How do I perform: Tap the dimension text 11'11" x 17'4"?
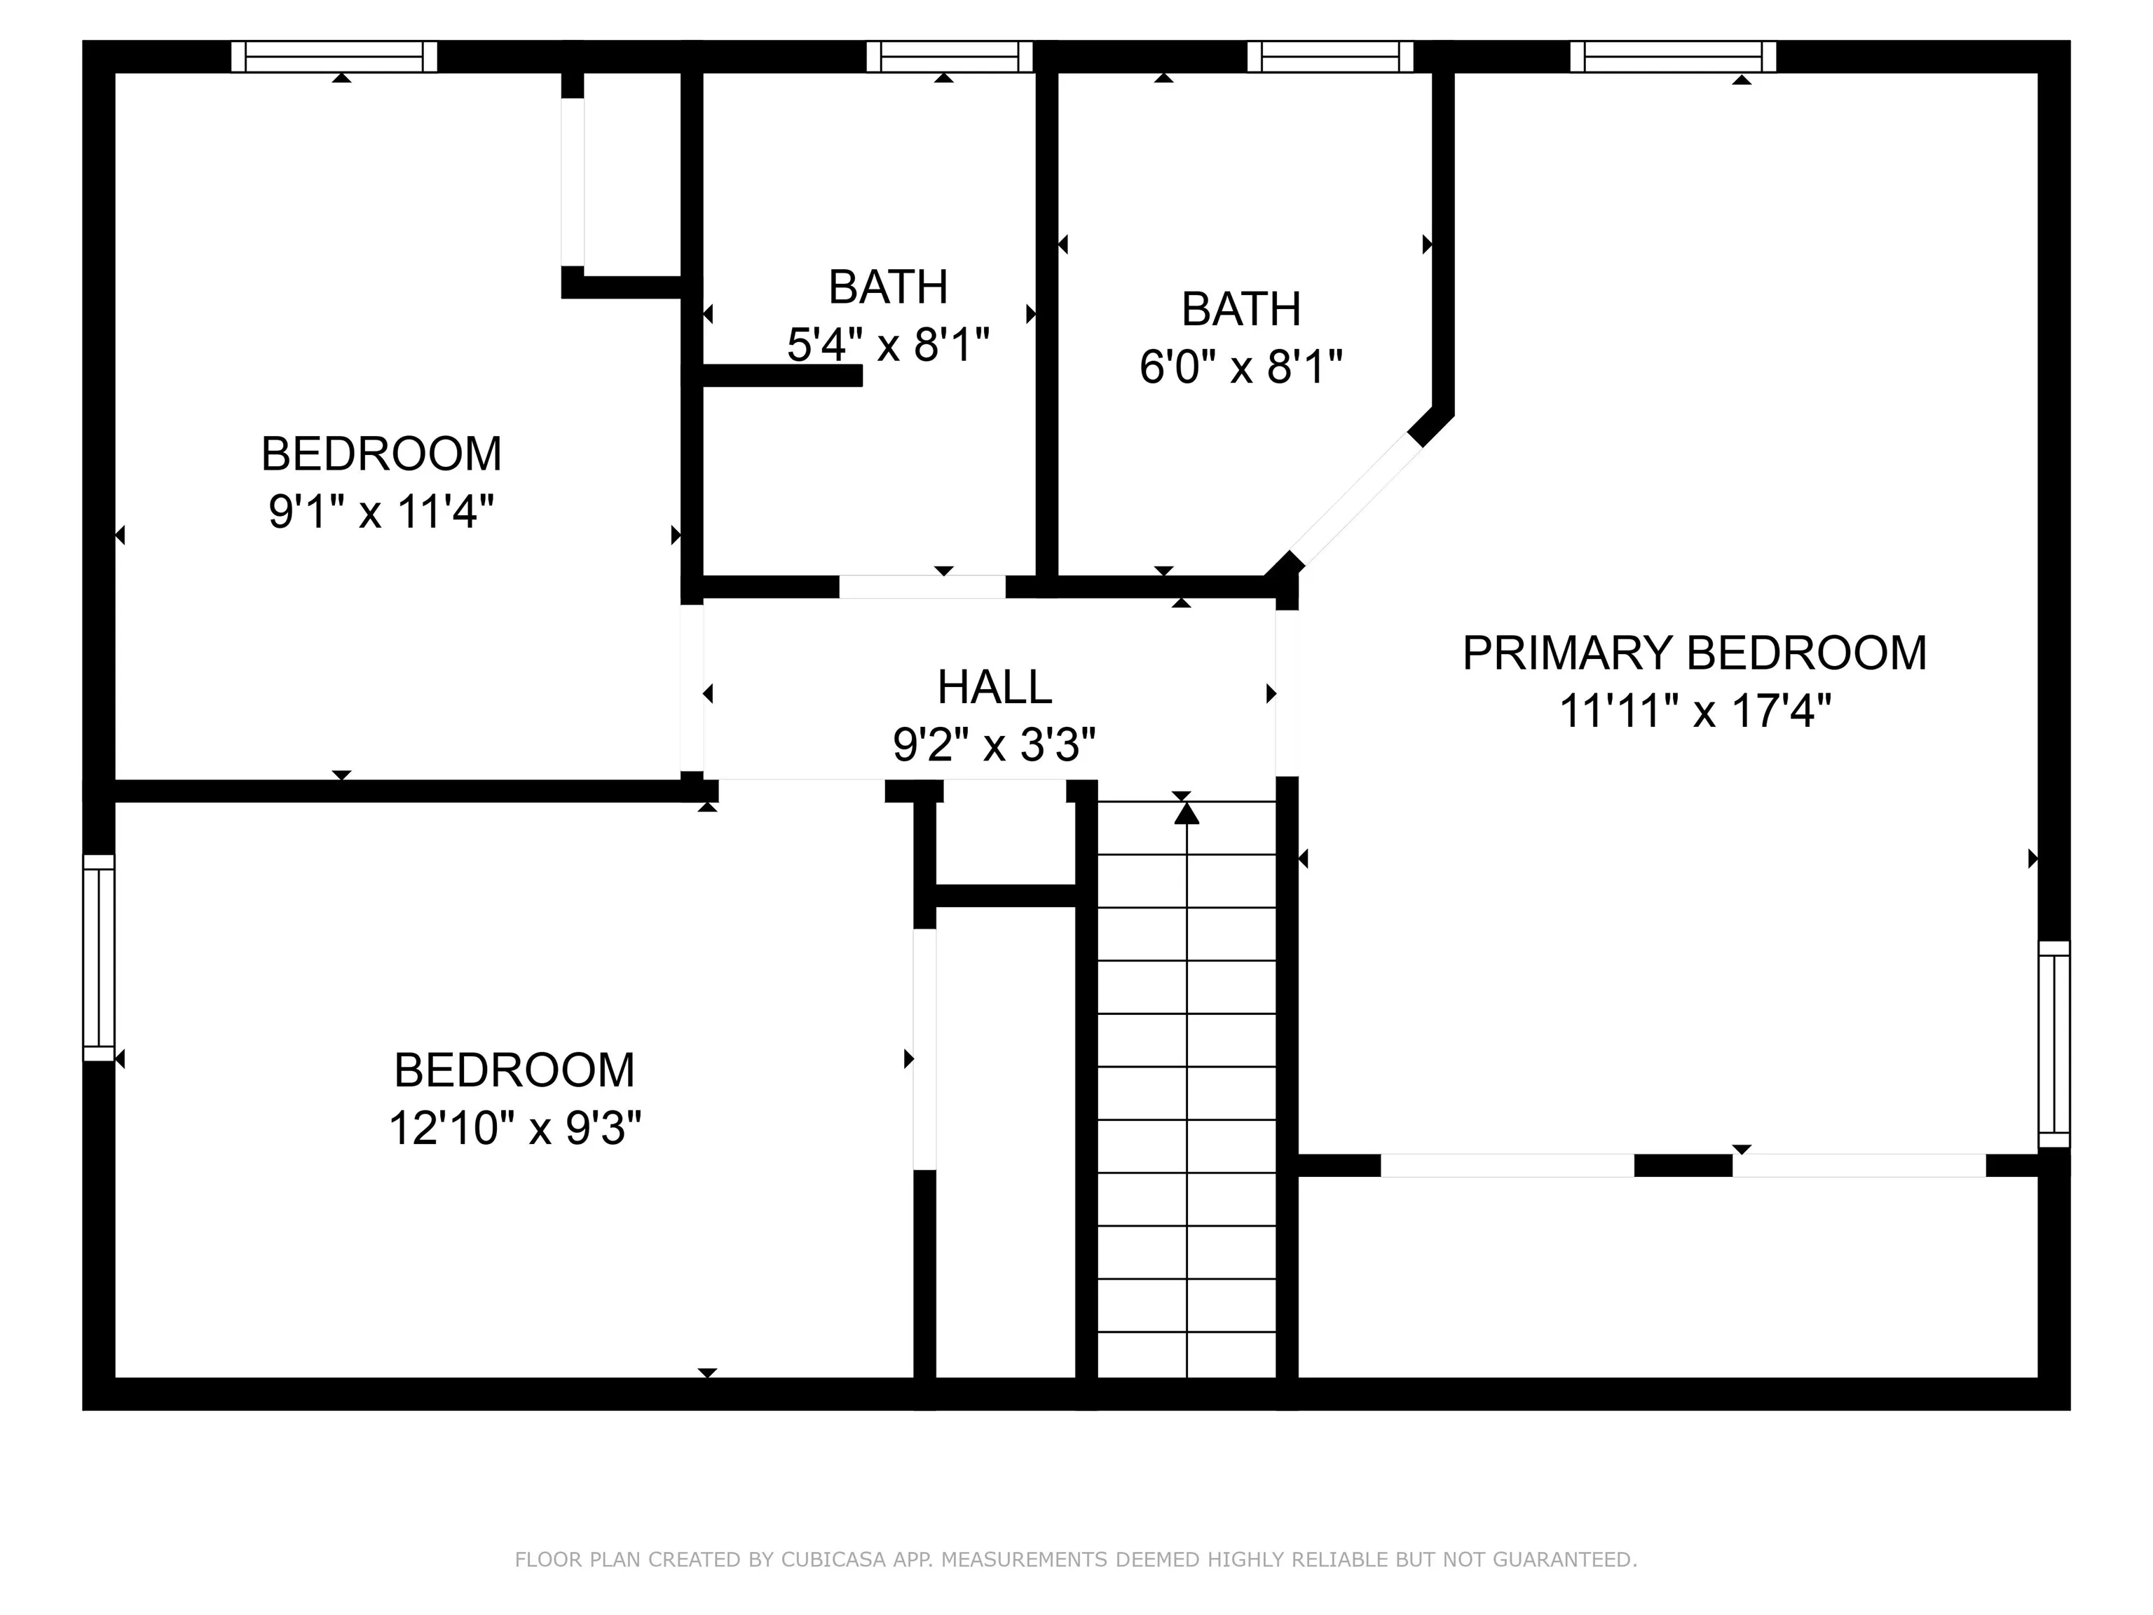(x=1695, y=711)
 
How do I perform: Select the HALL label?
(x=995, y=687)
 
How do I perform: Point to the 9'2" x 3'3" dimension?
(x=995, y=746)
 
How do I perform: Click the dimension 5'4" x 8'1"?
(x=888, y=345)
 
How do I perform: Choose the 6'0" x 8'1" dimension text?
(x=1241, y=368)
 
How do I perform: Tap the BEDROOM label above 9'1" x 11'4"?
(x=381, y=454)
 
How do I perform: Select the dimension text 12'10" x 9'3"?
(x=515, y=1129)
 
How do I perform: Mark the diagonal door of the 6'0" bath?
(x=1357, y=498)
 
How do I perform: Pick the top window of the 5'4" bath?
(x=949, y=57)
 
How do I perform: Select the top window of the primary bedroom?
(x=1673, y=57)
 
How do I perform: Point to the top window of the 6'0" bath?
(x=1330, y=57)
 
